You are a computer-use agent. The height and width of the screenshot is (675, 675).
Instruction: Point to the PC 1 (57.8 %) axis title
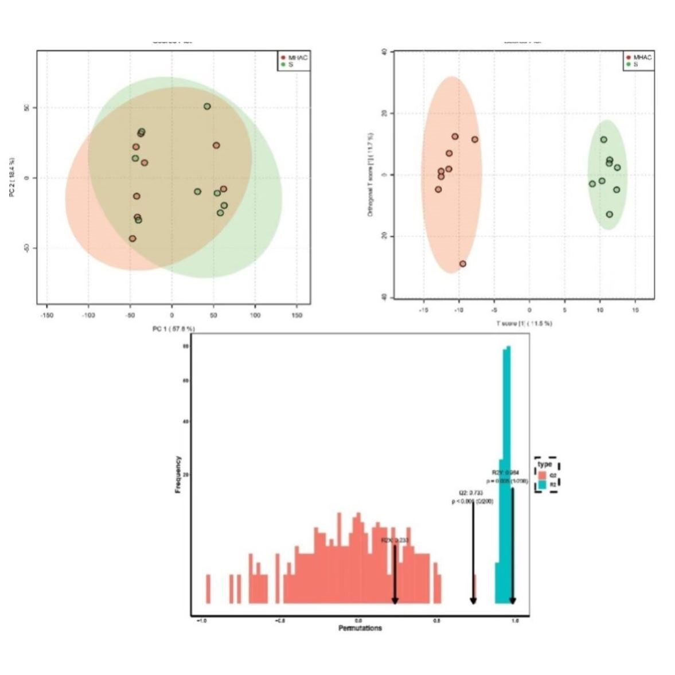(x=173, y=329)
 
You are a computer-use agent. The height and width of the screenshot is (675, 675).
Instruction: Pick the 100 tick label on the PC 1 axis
(x=255, y=315)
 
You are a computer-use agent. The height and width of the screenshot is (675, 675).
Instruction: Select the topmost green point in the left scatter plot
(x=207, y=107)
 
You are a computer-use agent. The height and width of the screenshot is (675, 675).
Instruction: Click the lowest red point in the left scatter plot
(x=132, y=239)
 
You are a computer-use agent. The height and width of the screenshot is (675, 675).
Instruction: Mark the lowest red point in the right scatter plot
(x=463, y=264)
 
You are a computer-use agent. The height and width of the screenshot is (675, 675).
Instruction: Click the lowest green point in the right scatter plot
(x=609, y=214)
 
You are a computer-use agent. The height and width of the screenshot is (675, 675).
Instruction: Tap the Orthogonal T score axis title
(x=371, y=175)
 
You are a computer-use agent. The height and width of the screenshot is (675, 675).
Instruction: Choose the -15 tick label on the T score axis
(x=424, y=310)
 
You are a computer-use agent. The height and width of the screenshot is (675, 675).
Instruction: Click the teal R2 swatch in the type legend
(x=542, y=485)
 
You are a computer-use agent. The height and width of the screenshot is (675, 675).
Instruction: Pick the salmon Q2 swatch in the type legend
(x=542, y=475)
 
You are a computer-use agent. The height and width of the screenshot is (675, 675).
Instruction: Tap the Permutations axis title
(x=360, y=629)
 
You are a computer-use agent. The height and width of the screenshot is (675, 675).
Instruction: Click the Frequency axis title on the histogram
(x=178, y=474)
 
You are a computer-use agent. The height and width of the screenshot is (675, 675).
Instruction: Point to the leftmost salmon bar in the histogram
(x=208, y=588)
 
